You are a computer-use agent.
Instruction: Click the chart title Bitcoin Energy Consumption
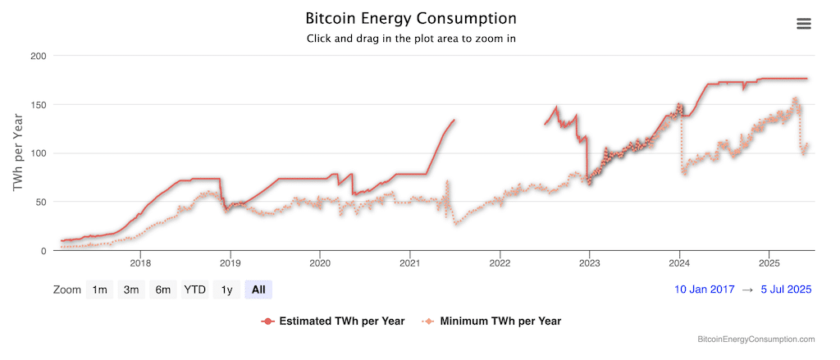point(411,18)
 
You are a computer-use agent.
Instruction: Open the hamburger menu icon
point(804,23)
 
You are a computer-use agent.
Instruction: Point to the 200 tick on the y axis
point(38,56)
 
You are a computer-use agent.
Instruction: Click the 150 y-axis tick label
point(38,104)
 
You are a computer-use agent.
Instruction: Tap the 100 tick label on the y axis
point(38,153)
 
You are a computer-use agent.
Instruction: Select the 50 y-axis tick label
point(41,202)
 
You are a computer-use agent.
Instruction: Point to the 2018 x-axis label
point(140,263)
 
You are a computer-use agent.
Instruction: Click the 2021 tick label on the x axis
point(409,263)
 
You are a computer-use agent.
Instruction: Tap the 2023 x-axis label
point(589,263)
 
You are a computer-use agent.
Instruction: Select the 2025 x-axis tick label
point(769,263)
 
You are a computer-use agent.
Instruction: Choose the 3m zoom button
point(129,289)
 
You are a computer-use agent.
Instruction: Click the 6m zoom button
point(162,289)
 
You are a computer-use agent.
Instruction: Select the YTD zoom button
point(194,289)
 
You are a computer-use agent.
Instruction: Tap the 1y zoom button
point(227,289)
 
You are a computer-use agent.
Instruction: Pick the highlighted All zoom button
point(258,289)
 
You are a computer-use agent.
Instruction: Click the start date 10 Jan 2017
point(703,289)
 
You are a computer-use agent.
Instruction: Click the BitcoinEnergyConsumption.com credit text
point(756,339)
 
